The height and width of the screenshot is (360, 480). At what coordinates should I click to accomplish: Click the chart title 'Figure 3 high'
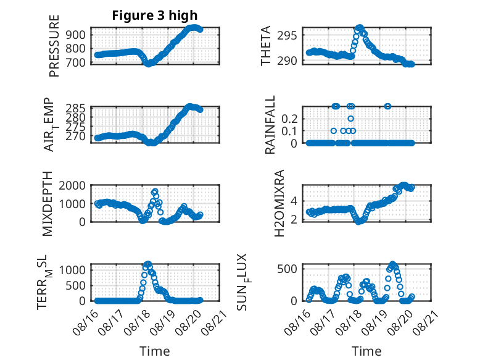click(155, 15)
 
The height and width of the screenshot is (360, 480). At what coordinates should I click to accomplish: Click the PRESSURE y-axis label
click(54, 46)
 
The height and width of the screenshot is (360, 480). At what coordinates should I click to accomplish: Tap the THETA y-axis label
click(266, 46)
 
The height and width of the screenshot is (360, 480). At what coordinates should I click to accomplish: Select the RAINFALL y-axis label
click(270, 124)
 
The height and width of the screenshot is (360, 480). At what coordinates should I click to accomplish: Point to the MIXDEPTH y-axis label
click(48, 204)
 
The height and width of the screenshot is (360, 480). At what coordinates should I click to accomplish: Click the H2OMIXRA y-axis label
click(279, 203)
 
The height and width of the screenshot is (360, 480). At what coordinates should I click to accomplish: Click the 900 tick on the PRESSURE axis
click(76, 35)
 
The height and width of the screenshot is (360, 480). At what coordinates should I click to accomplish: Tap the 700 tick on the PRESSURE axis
click(76, 62)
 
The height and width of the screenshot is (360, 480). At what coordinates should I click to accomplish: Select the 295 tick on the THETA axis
click(287, 36)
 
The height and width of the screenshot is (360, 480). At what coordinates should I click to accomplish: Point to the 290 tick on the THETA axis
click(287, 61)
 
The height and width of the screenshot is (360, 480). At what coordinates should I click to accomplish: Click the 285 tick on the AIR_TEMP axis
click(76, 109)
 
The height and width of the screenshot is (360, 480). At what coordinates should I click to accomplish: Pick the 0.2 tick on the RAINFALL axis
click(289, 119)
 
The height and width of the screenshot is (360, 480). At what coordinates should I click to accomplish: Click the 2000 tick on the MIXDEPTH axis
click(72, 185)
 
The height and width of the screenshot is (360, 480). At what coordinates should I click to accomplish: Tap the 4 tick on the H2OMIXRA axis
click(294, 201)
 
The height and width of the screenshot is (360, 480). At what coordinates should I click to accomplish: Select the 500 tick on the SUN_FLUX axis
click(287, 269)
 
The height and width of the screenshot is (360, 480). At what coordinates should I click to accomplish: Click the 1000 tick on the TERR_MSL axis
click(72, 270)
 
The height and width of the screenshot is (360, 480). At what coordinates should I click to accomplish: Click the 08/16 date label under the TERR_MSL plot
click(85, 322)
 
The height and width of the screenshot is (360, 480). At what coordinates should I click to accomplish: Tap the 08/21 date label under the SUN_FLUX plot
click(426, 322)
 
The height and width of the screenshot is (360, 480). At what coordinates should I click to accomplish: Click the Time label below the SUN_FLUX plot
click(366, 351)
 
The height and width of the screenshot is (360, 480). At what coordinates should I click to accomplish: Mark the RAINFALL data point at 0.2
click(351, 119)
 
